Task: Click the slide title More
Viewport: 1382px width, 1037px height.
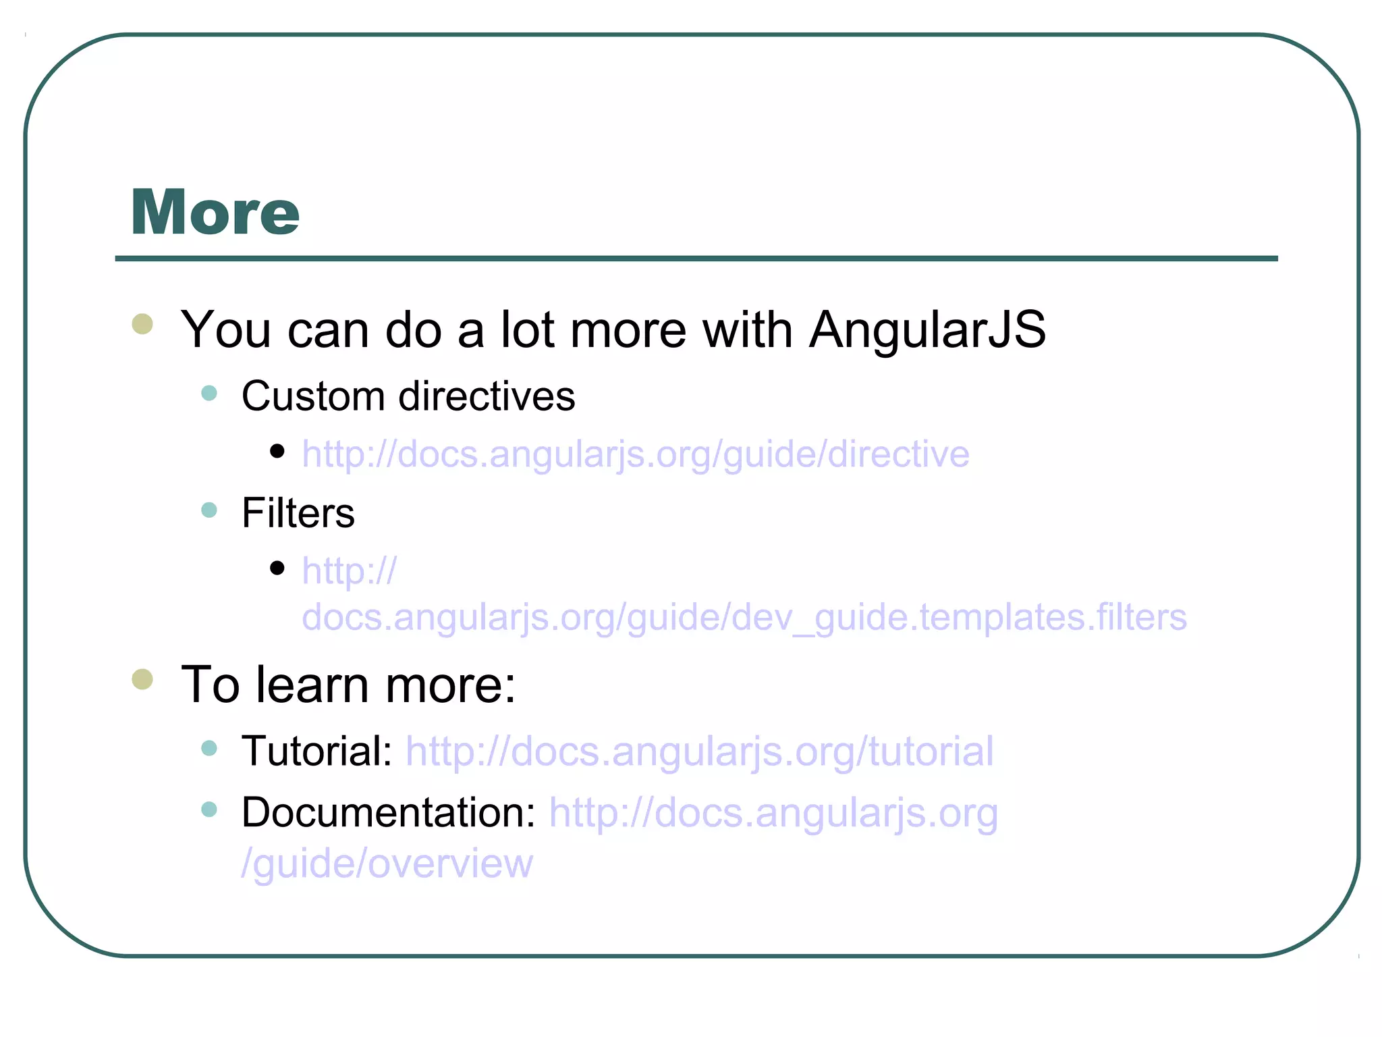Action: point(215,213)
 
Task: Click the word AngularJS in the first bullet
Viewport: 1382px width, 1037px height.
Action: point(927,330)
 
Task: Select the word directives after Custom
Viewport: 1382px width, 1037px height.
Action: point(487,396)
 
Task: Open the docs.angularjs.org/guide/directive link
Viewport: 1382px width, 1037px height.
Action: point(635,454)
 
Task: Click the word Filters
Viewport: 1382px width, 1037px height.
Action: point(298,513)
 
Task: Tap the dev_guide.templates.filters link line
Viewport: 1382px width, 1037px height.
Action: point(744,617)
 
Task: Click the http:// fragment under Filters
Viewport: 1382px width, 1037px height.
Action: point(349,571)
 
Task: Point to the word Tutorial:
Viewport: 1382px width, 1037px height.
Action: point(316,751)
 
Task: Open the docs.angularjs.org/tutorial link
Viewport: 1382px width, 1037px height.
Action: point(699,751)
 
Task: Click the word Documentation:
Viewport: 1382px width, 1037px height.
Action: point(388,812)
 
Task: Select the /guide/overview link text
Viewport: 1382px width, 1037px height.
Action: point(387,863)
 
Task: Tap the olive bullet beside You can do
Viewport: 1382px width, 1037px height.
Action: point(142,324)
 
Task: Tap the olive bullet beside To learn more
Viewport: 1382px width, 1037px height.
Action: point(142,679)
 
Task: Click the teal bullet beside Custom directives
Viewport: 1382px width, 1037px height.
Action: point(209,393)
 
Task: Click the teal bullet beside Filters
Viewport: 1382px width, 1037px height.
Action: point(209,510)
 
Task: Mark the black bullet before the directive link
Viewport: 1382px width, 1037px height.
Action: point(277,451)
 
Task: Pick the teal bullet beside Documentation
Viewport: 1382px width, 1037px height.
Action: point(209,809)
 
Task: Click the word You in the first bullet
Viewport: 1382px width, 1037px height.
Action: point(226,330)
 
